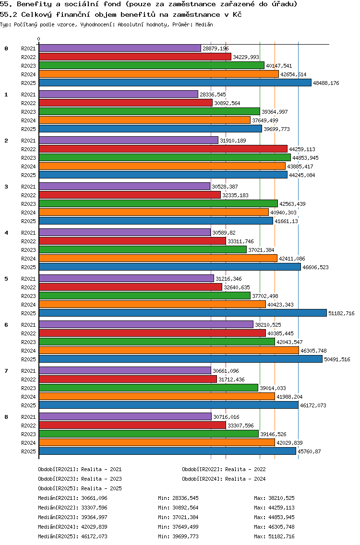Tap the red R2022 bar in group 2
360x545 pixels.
(163, 149)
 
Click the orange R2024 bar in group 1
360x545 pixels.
(144, 120)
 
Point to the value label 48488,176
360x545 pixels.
(326, 83)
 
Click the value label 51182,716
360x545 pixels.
(341, 313)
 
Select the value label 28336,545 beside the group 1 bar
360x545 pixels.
(213, 95)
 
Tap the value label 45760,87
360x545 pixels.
(310, 451)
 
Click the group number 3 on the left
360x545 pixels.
(6, 187)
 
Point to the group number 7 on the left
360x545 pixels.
(6, 371)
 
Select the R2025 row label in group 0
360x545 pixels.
(28, 83)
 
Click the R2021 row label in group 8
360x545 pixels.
(28, 417)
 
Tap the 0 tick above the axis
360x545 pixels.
(39, 39)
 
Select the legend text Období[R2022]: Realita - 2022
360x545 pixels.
(224, 469)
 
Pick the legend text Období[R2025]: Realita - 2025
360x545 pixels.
(80, 488)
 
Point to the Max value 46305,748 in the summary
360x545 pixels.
(281, 527)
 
